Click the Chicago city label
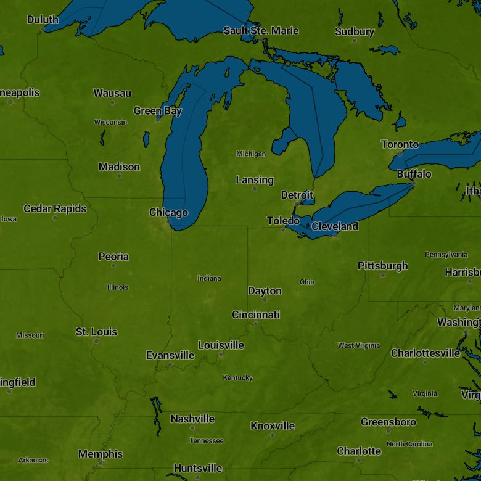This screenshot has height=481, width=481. [168, 213]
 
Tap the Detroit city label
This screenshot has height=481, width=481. [297, 195]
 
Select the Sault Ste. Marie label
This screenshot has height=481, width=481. [261, 30]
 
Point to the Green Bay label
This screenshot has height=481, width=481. [158, 111]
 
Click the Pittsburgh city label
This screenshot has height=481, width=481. [382, 266]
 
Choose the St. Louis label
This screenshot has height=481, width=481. [96, 332]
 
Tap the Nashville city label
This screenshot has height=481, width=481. [192, 419]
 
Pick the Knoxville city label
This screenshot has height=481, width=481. [273, 425]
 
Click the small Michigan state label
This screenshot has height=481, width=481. [251, 154]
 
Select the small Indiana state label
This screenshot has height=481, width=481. [209, 278]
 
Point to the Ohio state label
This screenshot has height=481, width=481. [306, 282]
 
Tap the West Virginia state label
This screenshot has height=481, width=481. [359, 345]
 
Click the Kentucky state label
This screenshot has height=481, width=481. [237, 377]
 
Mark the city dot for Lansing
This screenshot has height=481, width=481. [255, 189]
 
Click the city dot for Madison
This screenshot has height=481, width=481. [119, 176]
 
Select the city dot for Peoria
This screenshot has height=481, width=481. [113, 266]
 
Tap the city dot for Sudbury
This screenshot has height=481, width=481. [355, 41]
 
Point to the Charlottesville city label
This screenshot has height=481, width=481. [425, 353]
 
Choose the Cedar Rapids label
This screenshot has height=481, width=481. [55, 208]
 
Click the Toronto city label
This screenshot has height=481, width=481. [400, 144]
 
